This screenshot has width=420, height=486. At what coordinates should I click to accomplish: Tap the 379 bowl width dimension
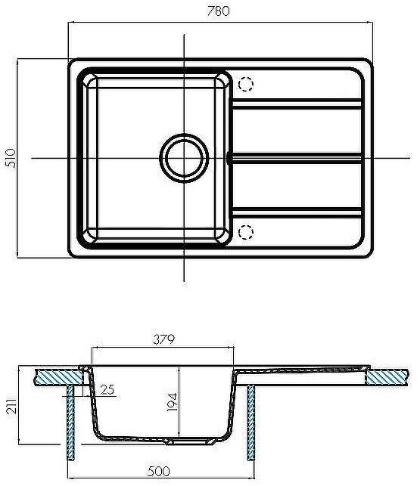click(x=163, y=339)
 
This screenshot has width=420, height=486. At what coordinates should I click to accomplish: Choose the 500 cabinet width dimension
click(x=157, y=472)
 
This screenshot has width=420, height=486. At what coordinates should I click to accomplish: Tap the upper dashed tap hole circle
click(x=246, y=85)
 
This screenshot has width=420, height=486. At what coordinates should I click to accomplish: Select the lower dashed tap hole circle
click(x=246, y=232)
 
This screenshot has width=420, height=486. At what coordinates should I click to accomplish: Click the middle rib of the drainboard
click(x=295, y=158)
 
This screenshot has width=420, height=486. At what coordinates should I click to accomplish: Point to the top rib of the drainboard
click(x=295, y=108)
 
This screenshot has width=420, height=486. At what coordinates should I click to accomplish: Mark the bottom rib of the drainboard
click(x=295, y=208)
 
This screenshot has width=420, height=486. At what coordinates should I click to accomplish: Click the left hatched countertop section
click(x=57, y=375)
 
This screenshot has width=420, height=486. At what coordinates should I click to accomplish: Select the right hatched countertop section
click(x=389, y=375)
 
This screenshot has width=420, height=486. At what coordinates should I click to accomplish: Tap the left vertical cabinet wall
click(x=70, y=423)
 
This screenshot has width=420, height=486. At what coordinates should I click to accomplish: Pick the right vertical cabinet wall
click(x=251, y=423)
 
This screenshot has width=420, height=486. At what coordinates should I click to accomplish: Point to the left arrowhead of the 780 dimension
click(x=71, y=23)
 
